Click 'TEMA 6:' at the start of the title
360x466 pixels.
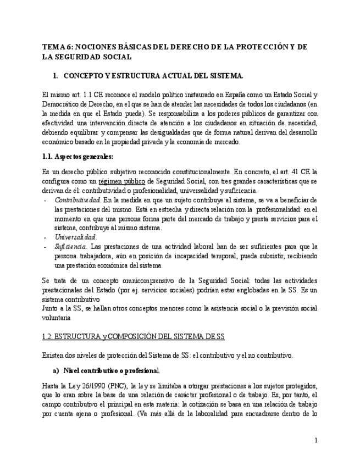tap(56, 47)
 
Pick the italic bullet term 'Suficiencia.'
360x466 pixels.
tap(71, 247)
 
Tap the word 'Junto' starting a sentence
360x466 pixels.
tap(51, 308)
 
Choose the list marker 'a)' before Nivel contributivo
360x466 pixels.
tap(56, 370)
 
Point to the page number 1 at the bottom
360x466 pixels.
tap(316, 440)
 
